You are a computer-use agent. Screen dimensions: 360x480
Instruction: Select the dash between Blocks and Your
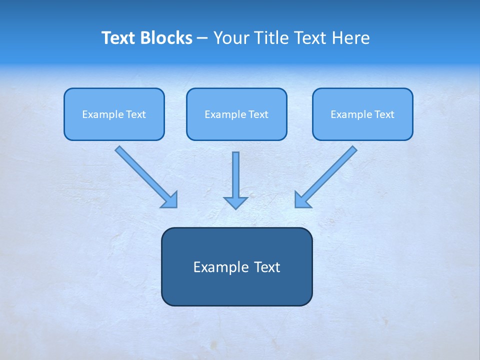point(202,38)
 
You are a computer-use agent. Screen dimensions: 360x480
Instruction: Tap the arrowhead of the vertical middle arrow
point(235,202)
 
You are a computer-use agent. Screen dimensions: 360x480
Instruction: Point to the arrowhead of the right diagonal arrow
point(301,199)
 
